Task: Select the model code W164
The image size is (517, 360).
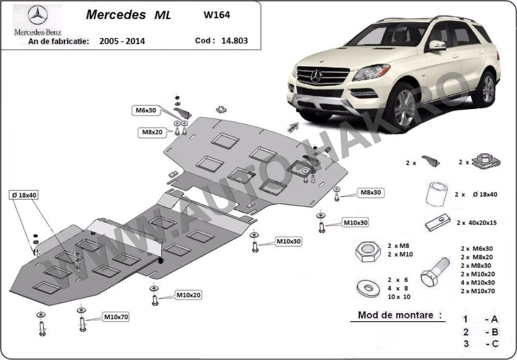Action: [218, 15]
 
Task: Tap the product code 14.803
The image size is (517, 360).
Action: [232, 40]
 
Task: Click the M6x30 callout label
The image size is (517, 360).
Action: [146, 110]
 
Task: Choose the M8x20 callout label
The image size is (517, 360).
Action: [153, 132]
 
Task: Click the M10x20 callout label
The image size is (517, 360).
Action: [188, 295]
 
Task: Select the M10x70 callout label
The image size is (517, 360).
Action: [116, 316]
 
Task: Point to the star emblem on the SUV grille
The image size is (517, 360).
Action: [316, 77]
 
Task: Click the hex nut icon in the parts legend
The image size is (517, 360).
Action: [366, 251]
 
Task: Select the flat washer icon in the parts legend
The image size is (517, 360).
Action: [367, 286]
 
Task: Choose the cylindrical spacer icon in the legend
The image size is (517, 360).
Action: [436, 194]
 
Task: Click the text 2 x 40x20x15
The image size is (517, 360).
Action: [476, 223]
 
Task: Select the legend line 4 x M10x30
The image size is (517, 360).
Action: [478, 282]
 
